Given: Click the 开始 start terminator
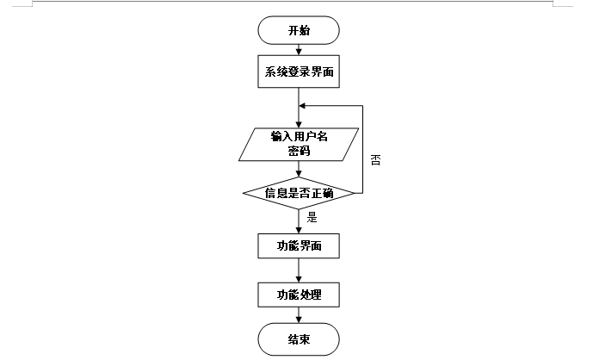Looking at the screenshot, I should pyautogui.click(x=299, y=30).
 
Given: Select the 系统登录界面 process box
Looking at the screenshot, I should pyautogui.click(x=299, y=72).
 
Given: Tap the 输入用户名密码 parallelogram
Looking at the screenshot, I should pyautogui.click(x=299, y=144).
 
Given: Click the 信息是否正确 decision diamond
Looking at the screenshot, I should pyautogui.click(x=299, y=193).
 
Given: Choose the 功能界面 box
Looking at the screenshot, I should pyautogui.click(x=299, y=245).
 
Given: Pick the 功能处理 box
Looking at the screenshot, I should pyautogui.click(x=299, y=295).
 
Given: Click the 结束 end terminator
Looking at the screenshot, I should pyautogui.click(x=299, y=339).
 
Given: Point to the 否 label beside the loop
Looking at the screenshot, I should pyautogui.click(x=375, y=160).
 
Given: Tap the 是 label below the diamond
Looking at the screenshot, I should pyautogui.click(x=312, y=217).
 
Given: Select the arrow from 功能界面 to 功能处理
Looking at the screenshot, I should pyautogui.click(x=299, y=270).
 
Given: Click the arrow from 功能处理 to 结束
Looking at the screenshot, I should pyautogui.click(x=299, y=316).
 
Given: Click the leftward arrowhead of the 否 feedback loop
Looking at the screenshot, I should pyautogui.click(x=304, y=107).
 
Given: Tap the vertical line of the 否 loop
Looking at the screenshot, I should pyautogui.click(x=362, y=151).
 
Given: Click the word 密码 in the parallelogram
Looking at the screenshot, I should pyautogui.click(x=299, y=151).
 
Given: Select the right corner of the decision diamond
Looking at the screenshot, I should pyautogui.click(x=354, y=193).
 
